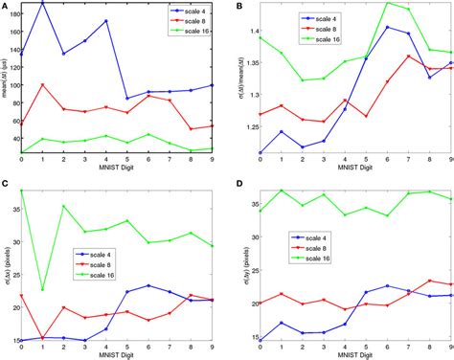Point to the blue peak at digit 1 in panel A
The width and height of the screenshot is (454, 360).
[x=42, y=3]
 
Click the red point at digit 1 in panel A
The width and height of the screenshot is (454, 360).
[x=42, y=85]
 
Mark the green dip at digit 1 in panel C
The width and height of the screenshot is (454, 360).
[x=42, y=288]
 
